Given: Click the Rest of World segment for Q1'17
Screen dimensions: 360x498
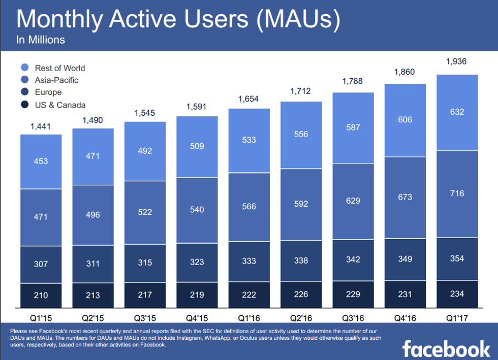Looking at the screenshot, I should [457, 112].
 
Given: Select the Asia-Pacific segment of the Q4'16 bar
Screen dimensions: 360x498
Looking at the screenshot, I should [405, 198].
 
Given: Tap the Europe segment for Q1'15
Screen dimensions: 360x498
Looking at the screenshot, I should [41, 264].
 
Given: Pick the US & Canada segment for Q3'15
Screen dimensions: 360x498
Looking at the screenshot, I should [144, 295].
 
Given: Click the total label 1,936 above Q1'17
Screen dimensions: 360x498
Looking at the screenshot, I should [456, 62].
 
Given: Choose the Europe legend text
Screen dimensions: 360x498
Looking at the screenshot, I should [48, 92].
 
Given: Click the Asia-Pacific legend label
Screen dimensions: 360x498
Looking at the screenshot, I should [56, 80].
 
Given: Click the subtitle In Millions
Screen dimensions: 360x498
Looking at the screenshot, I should [41, 40].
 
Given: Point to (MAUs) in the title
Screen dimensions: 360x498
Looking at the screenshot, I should [300, 19].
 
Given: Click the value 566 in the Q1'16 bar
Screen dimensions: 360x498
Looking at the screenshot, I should [249, 207].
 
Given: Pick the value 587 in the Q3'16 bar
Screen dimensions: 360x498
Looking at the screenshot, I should [353, 127].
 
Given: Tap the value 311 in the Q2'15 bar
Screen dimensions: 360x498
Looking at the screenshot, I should [92, 264].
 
